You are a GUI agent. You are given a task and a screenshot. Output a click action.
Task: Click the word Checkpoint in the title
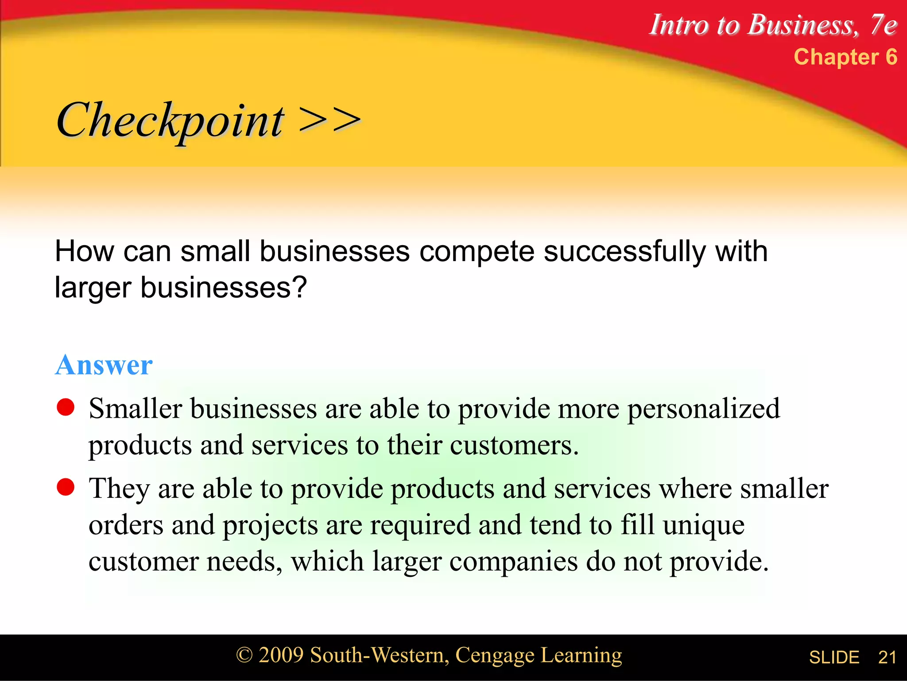pos(170,121)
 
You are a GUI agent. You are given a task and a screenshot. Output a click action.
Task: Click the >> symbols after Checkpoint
pos(329,121)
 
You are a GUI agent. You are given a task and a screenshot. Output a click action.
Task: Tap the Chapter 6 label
pos(845,57)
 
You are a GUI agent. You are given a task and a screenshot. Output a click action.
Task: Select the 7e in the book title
pos(883,25)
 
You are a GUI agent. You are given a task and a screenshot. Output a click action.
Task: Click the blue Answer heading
pos(104,365)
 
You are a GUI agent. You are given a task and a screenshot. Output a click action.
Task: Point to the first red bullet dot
pos(66,407)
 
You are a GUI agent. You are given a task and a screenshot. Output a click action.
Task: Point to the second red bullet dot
pos(66,487)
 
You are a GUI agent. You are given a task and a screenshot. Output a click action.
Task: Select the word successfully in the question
pos(624,252)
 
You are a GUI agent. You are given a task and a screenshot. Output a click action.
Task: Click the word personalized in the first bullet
pos(704,409)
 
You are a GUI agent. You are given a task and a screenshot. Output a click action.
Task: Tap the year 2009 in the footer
pos(281,655)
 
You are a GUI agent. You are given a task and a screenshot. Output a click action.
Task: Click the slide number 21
pos(887,657)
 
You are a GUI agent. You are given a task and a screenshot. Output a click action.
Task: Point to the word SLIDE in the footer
pos(834,657)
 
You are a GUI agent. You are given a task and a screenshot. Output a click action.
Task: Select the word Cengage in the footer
pos(495,655)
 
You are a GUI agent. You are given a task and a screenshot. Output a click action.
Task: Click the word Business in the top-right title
pos(802,25)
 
